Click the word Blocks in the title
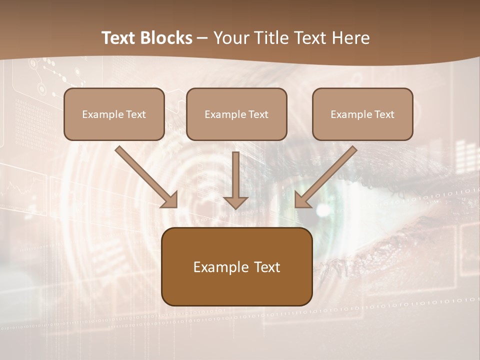(x=166, y=38)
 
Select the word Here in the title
(x=350, y=38)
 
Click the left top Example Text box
(x=114, y=114)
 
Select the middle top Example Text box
(x=236, y=114)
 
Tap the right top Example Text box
(x=362, y=114)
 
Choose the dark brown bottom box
(x=236, y=266)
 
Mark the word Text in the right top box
(x=384, y=114)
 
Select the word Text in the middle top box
(x=258, y=114)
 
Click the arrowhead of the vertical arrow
(x=235, y=202)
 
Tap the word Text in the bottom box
(x=267, y=267)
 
